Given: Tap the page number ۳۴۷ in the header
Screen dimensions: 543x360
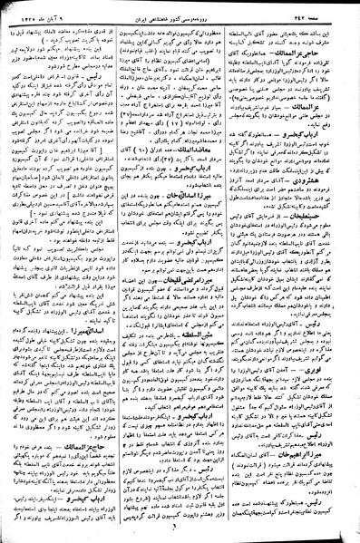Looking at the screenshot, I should tap(306, 15).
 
